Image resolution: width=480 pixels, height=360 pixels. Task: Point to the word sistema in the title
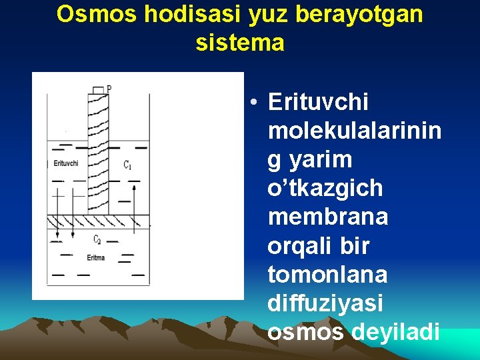(240, 43)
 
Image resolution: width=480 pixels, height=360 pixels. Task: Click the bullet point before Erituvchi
(255, 103)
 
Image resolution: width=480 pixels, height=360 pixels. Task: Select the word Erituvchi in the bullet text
(318, 103)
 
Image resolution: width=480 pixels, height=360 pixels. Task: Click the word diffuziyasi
(325, 303)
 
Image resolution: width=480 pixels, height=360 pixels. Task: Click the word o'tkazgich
(325, 189)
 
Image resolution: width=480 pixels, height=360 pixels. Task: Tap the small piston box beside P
(99, 89)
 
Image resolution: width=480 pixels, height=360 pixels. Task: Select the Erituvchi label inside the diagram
(66, 163)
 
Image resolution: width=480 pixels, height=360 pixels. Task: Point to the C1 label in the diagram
(127, 164)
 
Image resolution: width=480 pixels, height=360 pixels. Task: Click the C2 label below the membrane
(97, 239)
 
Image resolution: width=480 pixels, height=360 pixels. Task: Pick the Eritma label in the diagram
(96, 257)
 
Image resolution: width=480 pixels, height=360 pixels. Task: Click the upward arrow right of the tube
(134, 207)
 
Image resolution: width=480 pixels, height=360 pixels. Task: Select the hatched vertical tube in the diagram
(98, 153)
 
